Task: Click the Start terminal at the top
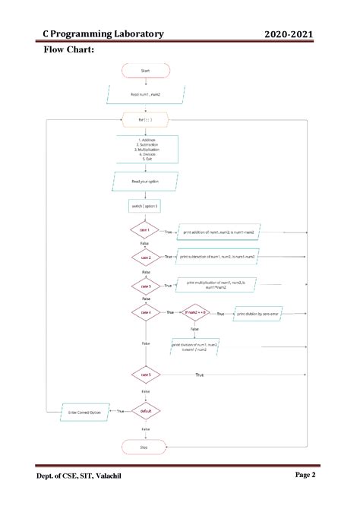pos(146,71)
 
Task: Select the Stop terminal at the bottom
pos(145,448)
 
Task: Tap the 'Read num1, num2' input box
pos(146,94)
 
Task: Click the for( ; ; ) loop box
pos(146,119)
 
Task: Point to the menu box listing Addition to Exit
pos(146,150)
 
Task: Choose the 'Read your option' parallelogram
pos(146,182)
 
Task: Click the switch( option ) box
pos(146,207)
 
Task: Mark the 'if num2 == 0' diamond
pos(195,313)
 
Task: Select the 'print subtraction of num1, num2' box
pos(218,258)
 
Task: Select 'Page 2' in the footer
pos(305,475)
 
